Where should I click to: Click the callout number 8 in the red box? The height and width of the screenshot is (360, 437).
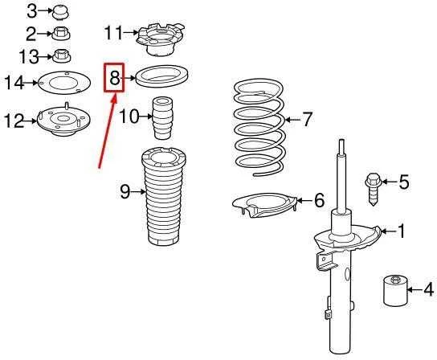pyautogui.click(x=114, y=78)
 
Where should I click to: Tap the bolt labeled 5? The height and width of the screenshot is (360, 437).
pyautogui.click(x=374, y=190)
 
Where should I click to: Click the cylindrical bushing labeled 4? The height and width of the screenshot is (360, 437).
pyautogui.click(x=396, y=290)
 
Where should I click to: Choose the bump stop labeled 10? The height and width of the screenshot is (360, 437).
pyautogui.click(x=162, y=117)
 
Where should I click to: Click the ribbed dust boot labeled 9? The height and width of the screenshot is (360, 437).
pyautogui.click(x=163, y=196)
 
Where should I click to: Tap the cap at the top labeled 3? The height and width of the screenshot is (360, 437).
pyautogui.click(x=61, y=13)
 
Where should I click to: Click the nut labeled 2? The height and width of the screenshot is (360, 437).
pyautogui.click(x=61, y=34)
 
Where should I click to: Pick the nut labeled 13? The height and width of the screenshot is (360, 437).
pyautogui.click(x=61, y=55)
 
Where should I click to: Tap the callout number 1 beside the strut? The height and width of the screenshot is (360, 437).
pyautogui.click(x=402, y=231)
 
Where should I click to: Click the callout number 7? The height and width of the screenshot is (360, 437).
pyautogui.click(x=307, y=120)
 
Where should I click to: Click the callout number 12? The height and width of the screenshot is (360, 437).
pyautogui.click(x=15, y=121)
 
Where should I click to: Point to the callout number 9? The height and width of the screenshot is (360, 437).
pyautogui.click(x=125, y=191)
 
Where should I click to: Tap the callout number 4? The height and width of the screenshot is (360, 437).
pyautogui.click(x=429, y=289)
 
